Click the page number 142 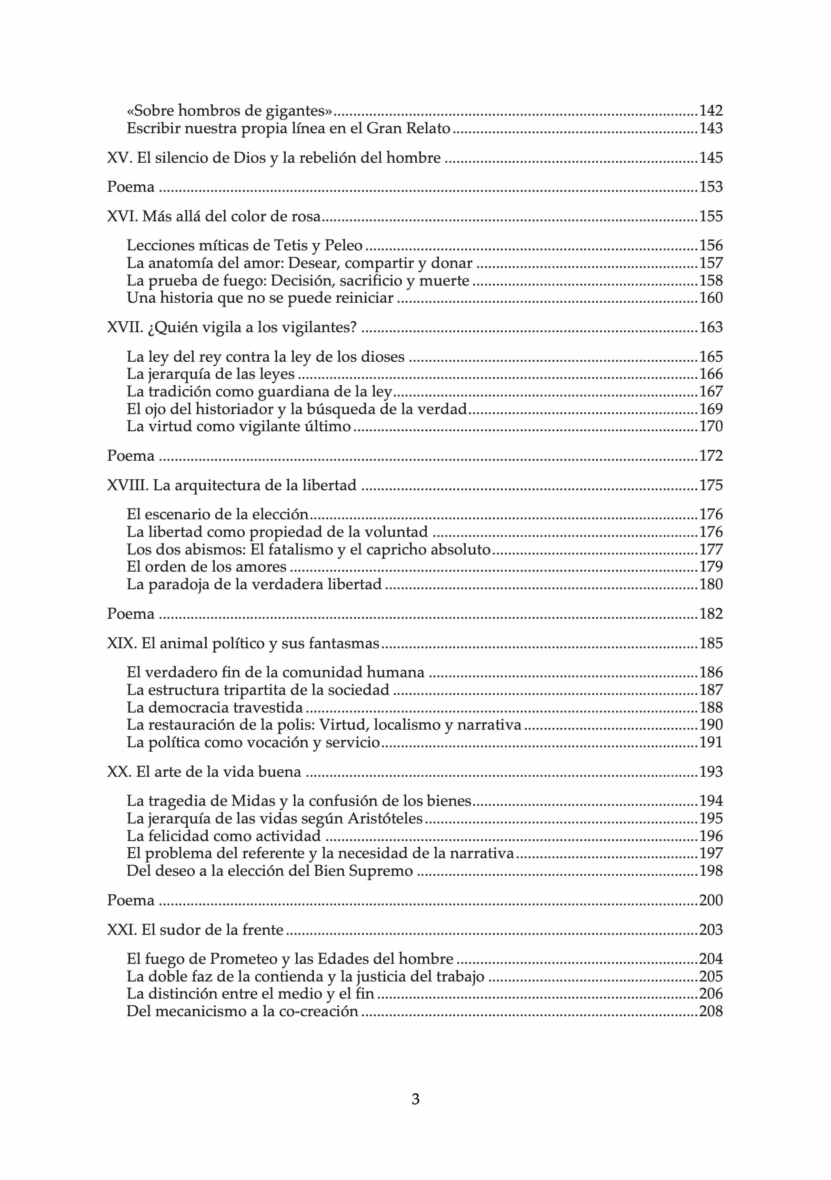click(x=711, y=110)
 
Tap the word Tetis click(x=291, y=246)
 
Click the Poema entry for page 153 click(x=130, y=187)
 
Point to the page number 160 click(x=711, y=298)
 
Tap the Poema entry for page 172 click(x=130, y=456)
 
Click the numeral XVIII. click(x=128, y=485)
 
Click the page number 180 click(x=711, y=585)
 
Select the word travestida click(x=268, y=708)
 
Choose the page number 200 click(x=711, y=901)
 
